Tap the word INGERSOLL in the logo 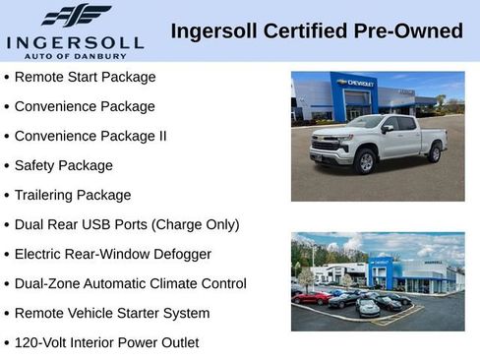pos(75,42)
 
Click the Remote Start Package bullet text pos(86,77)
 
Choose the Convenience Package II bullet pos(91,136)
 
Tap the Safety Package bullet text pos(64,165)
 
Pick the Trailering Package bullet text pos(73,195)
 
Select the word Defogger pos(178,254)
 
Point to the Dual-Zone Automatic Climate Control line pos(130,283)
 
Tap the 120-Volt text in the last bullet pos(41,342)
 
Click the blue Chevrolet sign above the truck pos(355,84)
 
